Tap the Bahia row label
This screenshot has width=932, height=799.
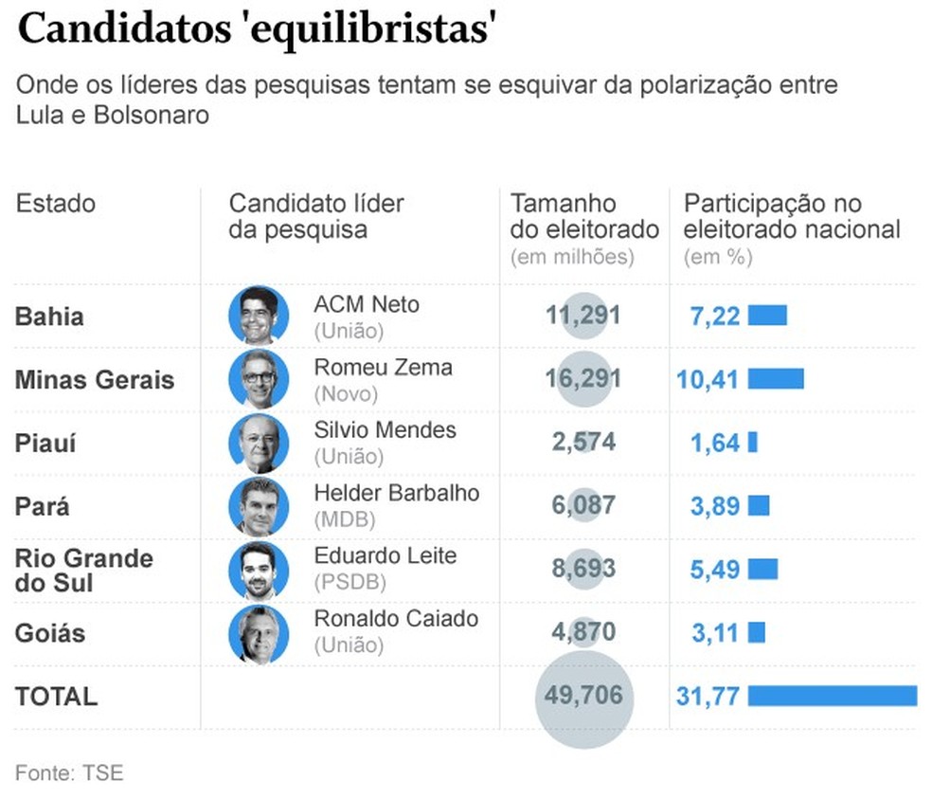click(x=49, y=316)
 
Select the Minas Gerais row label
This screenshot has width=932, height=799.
click(x=95, y=380)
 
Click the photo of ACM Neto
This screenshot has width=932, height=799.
click(x=259, y=315)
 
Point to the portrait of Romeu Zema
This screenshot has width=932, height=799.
click(x=259, y=378)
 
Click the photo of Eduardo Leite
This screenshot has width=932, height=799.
click(x=259, y=570)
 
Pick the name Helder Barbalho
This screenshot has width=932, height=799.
click(x=396, y=493)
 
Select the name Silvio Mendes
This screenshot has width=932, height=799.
click(x=385, y=430)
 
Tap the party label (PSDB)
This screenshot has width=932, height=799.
click(x=348, y=582)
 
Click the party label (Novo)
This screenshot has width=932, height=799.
click(x=346, y=393)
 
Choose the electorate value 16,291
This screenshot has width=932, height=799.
click(x=583, y=379)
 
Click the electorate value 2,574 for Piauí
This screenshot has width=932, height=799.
click(x=583, y=442)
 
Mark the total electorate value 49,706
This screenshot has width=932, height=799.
click(x=583, y=696)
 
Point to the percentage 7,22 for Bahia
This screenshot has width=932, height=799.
click(x=715, y=316)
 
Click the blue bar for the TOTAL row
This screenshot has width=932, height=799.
click(x=832, y=696)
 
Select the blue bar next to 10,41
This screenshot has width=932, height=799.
click(x=776, y=379)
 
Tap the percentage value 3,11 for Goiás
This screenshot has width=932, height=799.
click(x=715, y=632)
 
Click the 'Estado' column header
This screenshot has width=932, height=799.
click(x=56, y=204)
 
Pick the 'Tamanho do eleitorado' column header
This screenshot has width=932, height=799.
click(x=583, y=216)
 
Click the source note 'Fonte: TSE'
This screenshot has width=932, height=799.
click(x=69, y=772)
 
